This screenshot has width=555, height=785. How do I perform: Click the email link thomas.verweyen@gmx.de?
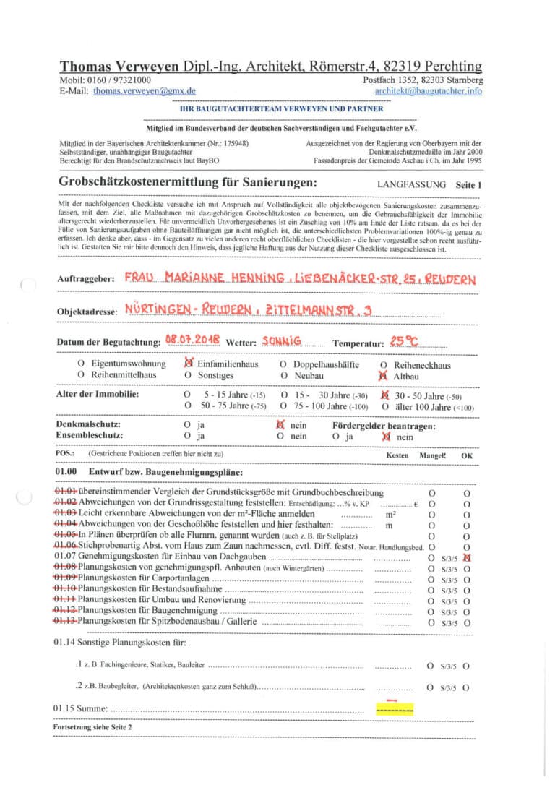point(145,92)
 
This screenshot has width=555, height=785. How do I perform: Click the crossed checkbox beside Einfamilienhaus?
point(189,364)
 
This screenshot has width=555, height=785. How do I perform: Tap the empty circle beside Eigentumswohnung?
point(81,364)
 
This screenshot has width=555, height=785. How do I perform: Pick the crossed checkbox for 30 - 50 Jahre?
point(384,395)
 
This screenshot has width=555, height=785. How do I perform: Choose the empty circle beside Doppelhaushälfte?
point(283,364)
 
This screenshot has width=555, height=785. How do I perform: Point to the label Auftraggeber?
point(85,279)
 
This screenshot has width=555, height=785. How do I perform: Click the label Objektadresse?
point(86,312)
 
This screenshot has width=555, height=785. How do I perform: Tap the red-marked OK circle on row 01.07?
point(467,557)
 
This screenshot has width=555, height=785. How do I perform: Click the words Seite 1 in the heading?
point(468,185)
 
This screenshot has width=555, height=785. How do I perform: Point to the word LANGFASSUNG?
point(411,185)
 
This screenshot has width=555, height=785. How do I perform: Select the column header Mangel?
point(433,455)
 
